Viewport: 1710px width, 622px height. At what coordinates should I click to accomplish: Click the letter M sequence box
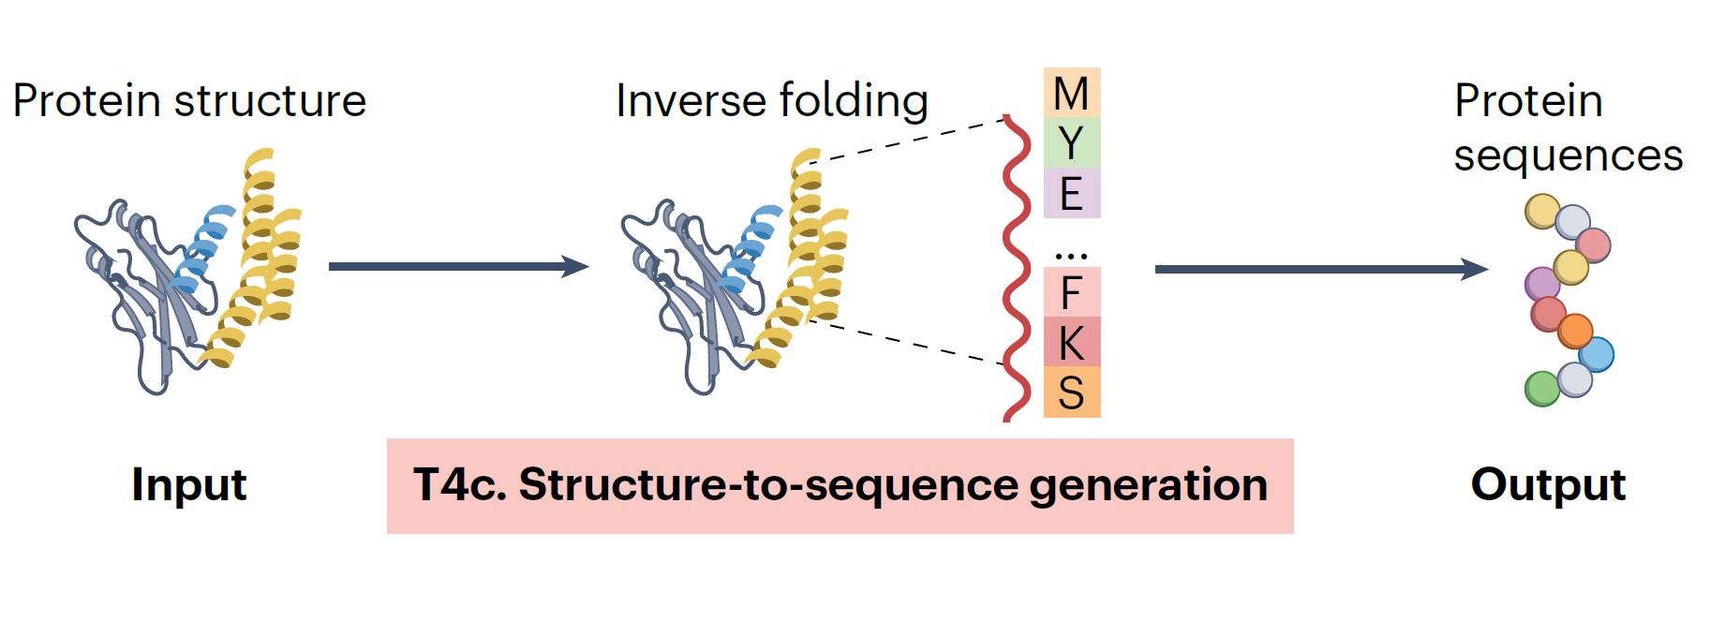(x=1071, y=93)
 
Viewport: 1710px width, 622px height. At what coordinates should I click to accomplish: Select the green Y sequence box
(x=1071, y=143)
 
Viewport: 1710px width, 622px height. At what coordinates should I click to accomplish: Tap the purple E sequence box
(x=1071, y=193)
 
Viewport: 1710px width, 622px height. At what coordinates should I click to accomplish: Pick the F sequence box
(x=1071, y=292)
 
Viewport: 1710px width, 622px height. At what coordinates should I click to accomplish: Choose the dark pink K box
(x=1071, y=342)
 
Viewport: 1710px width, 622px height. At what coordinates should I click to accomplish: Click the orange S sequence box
(x=1071, y=392)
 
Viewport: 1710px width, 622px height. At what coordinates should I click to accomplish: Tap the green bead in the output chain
(x=1541, y=389)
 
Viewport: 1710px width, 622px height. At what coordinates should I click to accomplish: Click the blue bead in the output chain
(x=1596, y=355)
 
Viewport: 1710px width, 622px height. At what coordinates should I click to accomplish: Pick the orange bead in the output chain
(x=1575, y=331)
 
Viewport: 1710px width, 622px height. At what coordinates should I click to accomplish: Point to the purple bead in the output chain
(x=1541, y=283)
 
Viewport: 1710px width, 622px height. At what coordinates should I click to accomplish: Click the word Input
(x=188, y=485)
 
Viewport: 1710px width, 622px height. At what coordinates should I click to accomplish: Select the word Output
(x=1548, y=485)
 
